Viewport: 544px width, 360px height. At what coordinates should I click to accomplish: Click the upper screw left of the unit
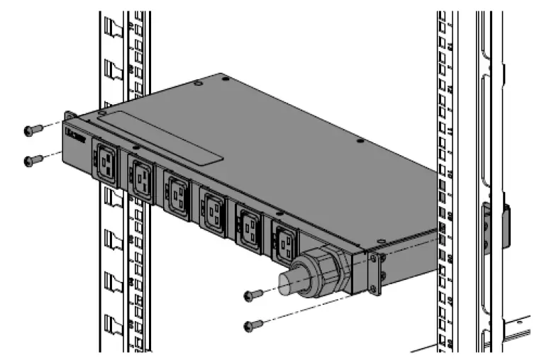(x=30, y=130)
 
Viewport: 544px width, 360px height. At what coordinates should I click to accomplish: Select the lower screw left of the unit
(x=30, y=161)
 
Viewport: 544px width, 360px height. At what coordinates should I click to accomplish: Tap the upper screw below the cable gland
(x=252, y=294)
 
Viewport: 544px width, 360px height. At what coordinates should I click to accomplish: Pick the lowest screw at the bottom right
(x=252, y=325)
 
